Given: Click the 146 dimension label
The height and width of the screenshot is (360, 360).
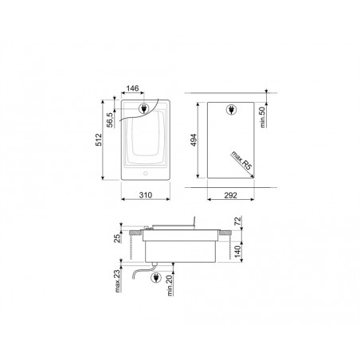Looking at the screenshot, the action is (x=132, y=88).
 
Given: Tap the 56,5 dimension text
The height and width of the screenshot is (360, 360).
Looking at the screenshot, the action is (x=110, y=119).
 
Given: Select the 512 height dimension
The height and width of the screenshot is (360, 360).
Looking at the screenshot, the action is (x=99, y=139).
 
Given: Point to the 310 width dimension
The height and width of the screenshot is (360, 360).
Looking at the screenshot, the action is (x=146, y=195).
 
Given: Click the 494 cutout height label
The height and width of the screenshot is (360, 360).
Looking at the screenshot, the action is (x=194, y=140).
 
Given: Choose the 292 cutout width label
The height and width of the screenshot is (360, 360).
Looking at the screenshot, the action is (x=230, y=195).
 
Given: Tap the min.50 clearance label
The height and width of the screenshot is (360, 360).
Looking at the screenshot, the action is (x=263, y=117).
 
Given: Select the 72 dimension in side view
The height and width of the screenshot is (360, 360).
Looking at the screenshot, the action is (x=238, y=221).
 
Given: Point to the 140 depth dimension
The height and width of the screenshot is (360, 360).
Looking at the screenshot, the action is (x=237, y=252).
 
